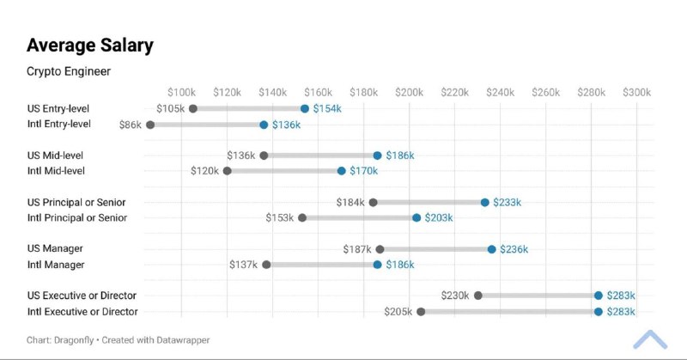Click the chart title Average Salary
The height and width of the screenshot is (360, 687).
pyautogui.click(x=90, y=46)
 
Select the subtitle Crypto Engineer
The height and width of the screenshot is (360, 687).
pyautogui.click(x=69, y=71)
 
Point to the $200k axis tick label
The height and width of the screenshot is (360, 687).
pyautogui.click(x=410, y=92)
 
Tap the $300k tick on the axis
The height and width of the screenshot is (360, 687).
pyautogui.click(x=636, y=92)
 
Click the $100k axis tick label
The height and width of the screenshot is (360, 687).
pyautogui.click(x=182, y=92)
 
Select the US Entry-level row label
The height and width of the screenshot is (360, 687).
pyautogui.click(x=58, y=109)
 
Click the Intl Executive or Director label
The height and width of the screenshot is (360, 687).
pyautogui.click(x=82, y=312)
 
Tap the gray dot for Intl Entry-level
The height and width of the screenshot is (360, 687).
pyautogui.click(x=150, y=125)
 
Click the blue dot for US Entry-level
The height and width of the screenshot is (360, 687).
pyautogui.click(x=305, y=109)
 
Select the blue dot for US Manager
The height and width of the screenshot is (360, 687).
pyautogui.click(x=492, y=249)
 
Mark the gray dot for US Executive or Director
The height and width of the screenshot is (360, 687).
pyautogui.click(x=478, y=296)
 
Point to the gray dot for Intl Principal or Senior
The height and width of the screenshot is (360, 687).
pyautogui.click(x=302, y=218)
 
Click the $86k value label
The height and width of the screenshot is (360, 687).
pyautogui.click(x=131, y=125)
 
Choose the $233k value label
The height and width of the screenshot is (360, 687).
pyautogui.click(x=507, y=203)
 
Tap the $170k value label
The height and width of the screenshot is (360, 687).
pyautogui.click(x=363, y=171)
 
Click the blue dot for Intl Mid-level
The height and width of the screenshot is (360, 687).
pyautogui.click(x=341, y=171)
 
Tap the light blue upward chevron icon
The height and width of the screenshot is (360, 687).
pyautogui.click(x=650, y=339)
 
